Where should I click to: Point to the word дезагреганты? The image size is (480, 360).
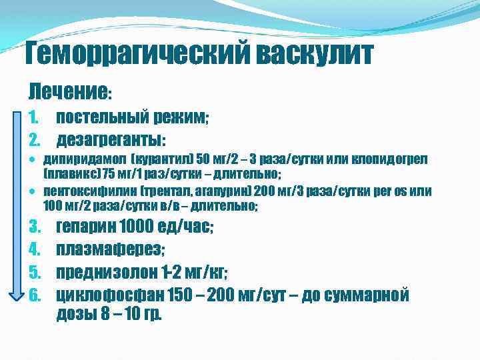click(109, 140)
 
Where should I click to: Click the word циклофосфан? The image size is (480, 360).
click(109, 295)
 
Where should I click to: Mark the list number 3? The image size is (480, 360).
click(37, 227)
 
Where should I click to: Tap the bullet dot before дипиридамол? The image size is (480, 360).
click(33, 161)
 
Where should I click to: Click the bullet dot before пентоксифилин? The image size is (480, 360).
click(33, 193)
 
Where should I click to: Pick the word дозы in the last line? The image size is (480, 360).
click(77, 314)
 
